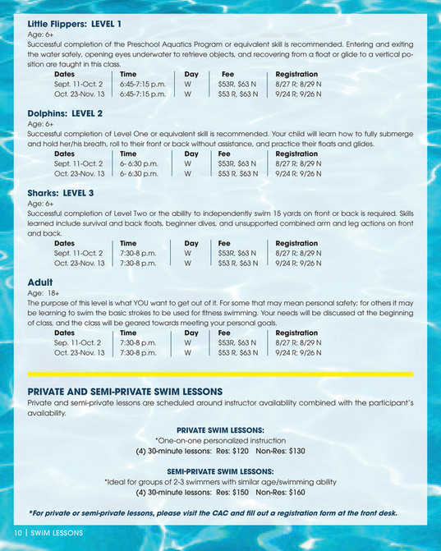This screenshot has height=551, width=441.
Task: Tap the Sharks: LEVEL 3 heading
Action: pos(61,192)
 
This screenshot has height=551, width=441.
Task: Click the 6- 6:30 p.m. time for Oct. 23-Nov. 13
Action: pos(139,173)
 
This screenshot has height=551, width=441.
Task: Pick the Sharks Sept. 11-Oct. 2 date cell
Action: pos(79,253)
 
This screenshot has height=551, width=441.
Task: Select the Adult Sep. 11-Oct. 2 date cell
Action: pos(77,342)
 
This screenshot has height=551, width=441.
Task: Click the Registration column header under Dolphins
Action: pos(296,154)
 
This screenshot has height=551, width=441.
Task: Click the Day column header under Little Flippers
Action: pos(191,74)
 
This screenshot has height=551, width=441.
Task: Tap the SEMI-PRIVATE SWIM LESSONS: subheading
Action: pos(220,471)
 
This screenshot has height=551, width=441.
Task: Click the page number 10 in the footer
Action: pos(16,533)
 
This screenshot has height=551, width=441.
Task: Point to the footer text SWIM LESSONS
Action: pos(57,533)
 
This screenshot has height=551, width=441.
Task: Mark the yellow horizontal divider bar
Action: pos(220,374)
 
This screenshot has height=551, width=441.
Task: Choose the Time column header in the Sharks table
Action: pos(128,243)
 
